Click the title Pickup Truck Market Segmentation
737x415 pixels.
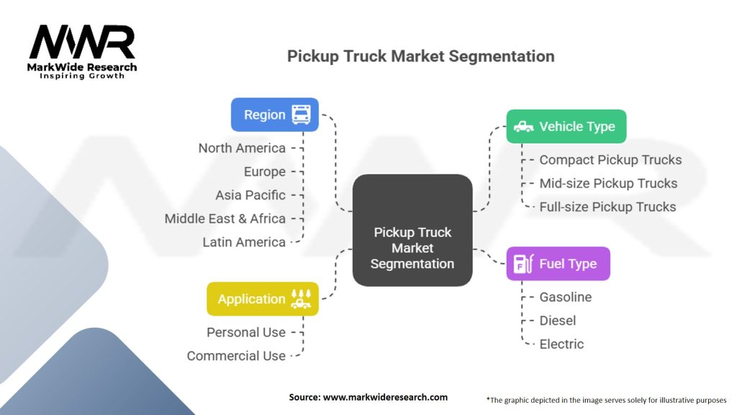[420, 56]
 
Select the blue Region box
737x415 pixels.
[274, 115]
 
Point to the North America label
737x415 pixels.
[242, 148]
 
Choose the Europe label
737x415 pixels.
[264, 171]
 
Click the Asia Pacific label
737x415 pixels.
[250, 195]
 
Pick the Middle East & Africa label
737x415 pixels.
[225, 218]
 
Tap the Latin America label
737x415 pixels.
[244, 242]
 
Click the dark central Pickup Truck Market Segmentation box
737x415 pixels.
[412, 230]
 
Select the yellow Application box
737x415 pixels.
[262, 299]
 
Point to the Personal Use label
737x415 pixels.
[246, 332]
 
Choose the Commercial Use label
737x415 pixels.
[236, 356]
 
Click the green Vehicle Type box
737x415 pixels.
[566, 126]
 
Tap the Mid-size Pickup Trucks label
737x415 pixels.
[608, 183]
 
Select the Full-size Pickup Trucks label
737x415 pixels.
[607, 207]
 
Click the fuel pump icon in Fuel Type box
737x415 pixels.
[522, 264]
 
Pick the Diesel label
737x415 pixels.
[558, 320]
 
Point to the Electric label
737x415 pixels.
[561, 344]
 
